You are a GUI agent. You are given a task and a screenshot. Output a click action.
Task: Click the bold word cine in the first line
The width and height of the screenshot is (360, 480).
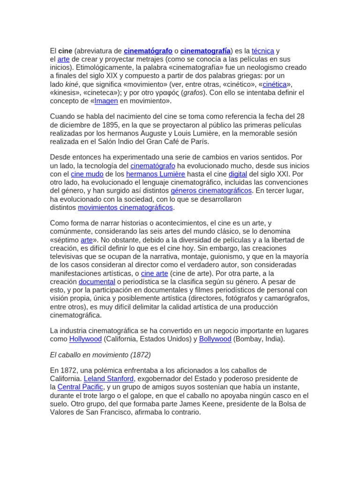[x=66, y=51]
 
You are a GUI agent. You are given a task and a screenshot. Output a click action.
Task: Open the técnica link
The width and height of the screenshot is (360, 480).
[x=262, y=51]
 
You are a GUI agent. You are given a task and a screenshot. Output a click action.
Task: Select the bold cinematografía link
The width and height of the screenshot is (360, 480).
[x=205, y=51]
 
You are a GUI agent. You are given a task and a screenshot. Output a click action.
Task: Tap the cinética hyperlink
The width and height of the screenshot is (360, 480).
[x=274, y=84]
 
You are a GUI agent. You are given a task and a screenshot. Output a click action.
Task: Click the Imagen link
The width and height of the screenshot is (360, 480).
[x=106, y=101]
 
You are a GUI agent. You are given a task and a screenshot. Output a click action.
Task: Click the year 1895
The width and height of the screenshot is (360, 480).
[x=104, y=125]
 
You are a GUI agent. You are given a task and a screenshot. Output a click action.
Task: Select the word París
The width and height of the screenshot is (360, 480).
[x=198, y=142]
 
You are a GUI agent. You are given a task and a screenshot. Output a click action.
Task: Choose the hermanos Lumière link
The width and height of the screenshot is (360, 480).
[x=156, y=174]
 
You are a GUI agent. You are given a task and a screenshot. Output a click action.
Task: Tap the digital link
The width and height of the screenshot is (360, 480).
[x=238, y=174]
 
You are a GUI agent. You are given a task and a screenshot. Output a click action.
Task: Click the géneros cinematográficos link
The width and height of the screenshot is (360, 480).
[x=211, y=191]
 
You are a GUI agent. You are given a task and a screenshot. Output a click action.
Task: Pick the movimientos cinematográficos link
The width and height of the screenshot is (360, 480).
[x=125, y=208]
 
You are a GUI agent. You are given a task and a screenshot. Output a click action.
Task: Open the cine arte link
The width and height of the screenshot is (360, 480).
[x=154, y=273]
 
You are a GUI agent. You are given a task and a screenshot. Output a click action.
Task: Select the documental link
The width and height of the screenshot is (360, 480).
[x=97, y=282]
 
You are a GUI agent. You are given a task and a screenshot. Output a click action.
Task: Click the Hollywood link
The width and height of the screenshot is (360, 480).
[x=85, y=339]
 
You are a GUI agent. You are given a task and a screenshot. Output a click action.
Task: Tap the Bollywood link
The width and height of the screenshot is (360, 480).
[x=215, y=339]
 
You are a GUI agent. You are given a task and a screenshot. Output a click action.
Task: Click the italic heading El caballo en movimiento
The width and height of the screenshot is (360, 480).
[x=100, y=355]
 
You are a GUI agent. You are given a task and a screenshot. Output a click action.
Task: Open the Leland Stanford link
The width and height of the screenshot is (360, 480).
[x=109, y=379]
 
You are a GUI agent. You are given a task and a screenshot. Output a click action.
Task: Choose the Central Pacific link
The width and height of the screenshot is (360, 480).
[x=80, y=387]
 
